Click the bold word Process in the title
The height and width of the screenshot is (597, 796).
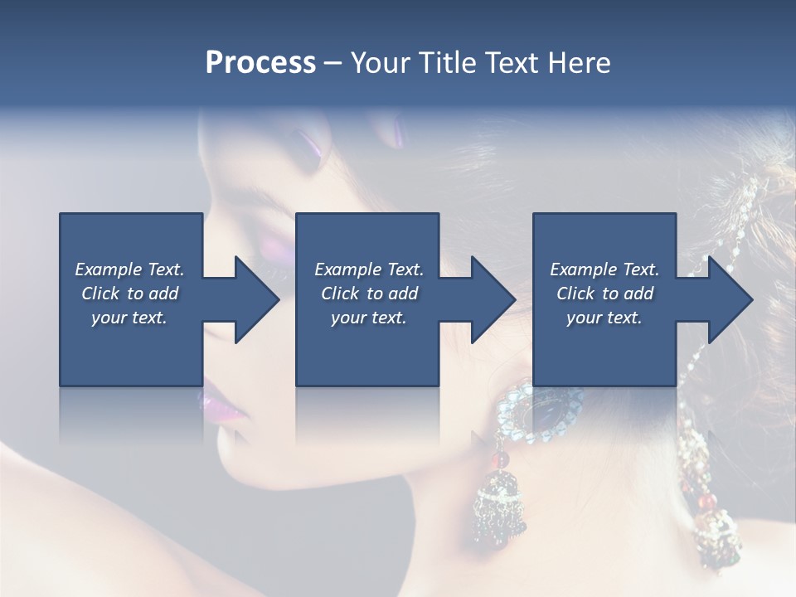pyautogui.click(x=260, y=63)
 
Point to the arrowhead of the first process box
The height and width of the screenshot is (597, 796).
pyautogui.click(x=257, y=299)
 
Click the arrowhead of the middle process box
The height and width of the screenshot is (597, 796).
pyautogui.click(x=493, y=299)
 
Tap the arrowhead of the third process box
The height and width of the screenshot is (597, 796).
pyautogui.click(x=730, y=299)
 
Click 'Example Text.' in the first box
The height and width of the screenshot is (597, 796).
pyautogui.click(x=129, y=269)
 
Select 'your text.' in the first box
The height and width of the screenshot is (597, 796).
pyautogui.click(x=129, y=318)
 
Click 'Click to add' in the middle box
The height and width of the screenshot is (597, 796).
pyautogui.click(x=369, y=294)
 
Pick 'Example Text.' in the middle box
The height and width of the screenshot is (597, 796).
pyautogui.click(x=369, y=269)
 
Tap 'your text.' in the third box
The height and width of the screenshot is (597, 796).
pyautogui.click(x=604, y=318)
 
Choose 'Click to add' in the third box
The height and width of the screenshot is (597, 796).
pyautogui.click(x=604, y=294)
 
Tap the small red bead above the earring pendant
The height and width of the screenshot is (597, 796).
pyautogui.click(x=499, y=459)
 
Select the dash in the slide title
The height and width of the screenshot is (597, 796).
pyautogui.click(x=333, y=64)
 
